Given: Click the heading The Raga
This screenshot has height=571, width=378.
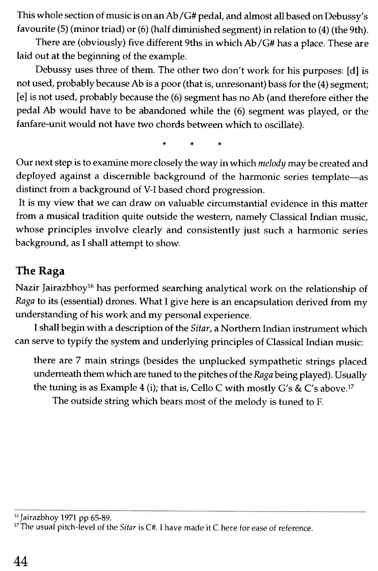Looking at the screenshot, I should click(40, 271).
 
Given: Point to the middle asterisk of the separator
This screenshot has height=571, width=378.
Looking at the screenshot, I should click(191, 144).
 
